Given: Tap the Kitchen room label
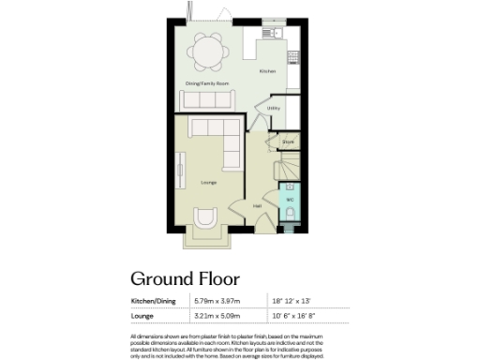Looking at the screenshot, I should [267, 72].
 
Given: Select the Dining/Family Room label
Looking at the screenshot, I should [206, 84].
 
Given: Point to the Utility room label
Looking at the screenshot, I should [274, 109].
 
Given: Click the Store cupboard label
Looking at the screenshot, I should [288, 142].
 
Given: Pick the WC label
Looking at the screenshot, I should [289, 200].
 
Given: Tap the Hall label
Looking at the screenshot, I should [256, 206].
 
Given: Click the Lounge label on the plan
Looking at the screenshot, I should [209, 183].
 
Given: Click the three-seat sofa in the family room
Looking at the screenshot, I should [205, 98].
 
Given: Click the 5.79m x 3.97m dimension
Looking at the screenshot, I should [217, 300].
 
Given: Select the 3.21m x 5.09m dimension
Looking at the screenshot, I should [217, 317].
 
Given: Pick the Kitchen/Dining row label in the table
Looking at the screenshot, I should [154, 300].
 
